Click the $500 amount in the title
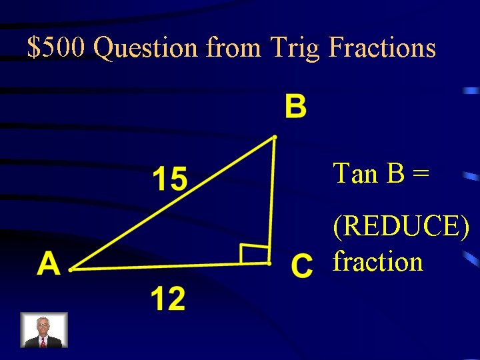56,48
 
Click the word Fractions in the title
382,48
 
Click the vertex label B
295,107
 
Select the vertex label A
49,265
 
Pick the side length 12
167,298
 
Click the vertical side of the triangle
272,200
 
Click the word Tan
355,173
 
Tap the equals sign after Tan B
420,175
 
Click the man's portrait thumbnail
44,330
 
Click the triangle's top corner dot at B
273,139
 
